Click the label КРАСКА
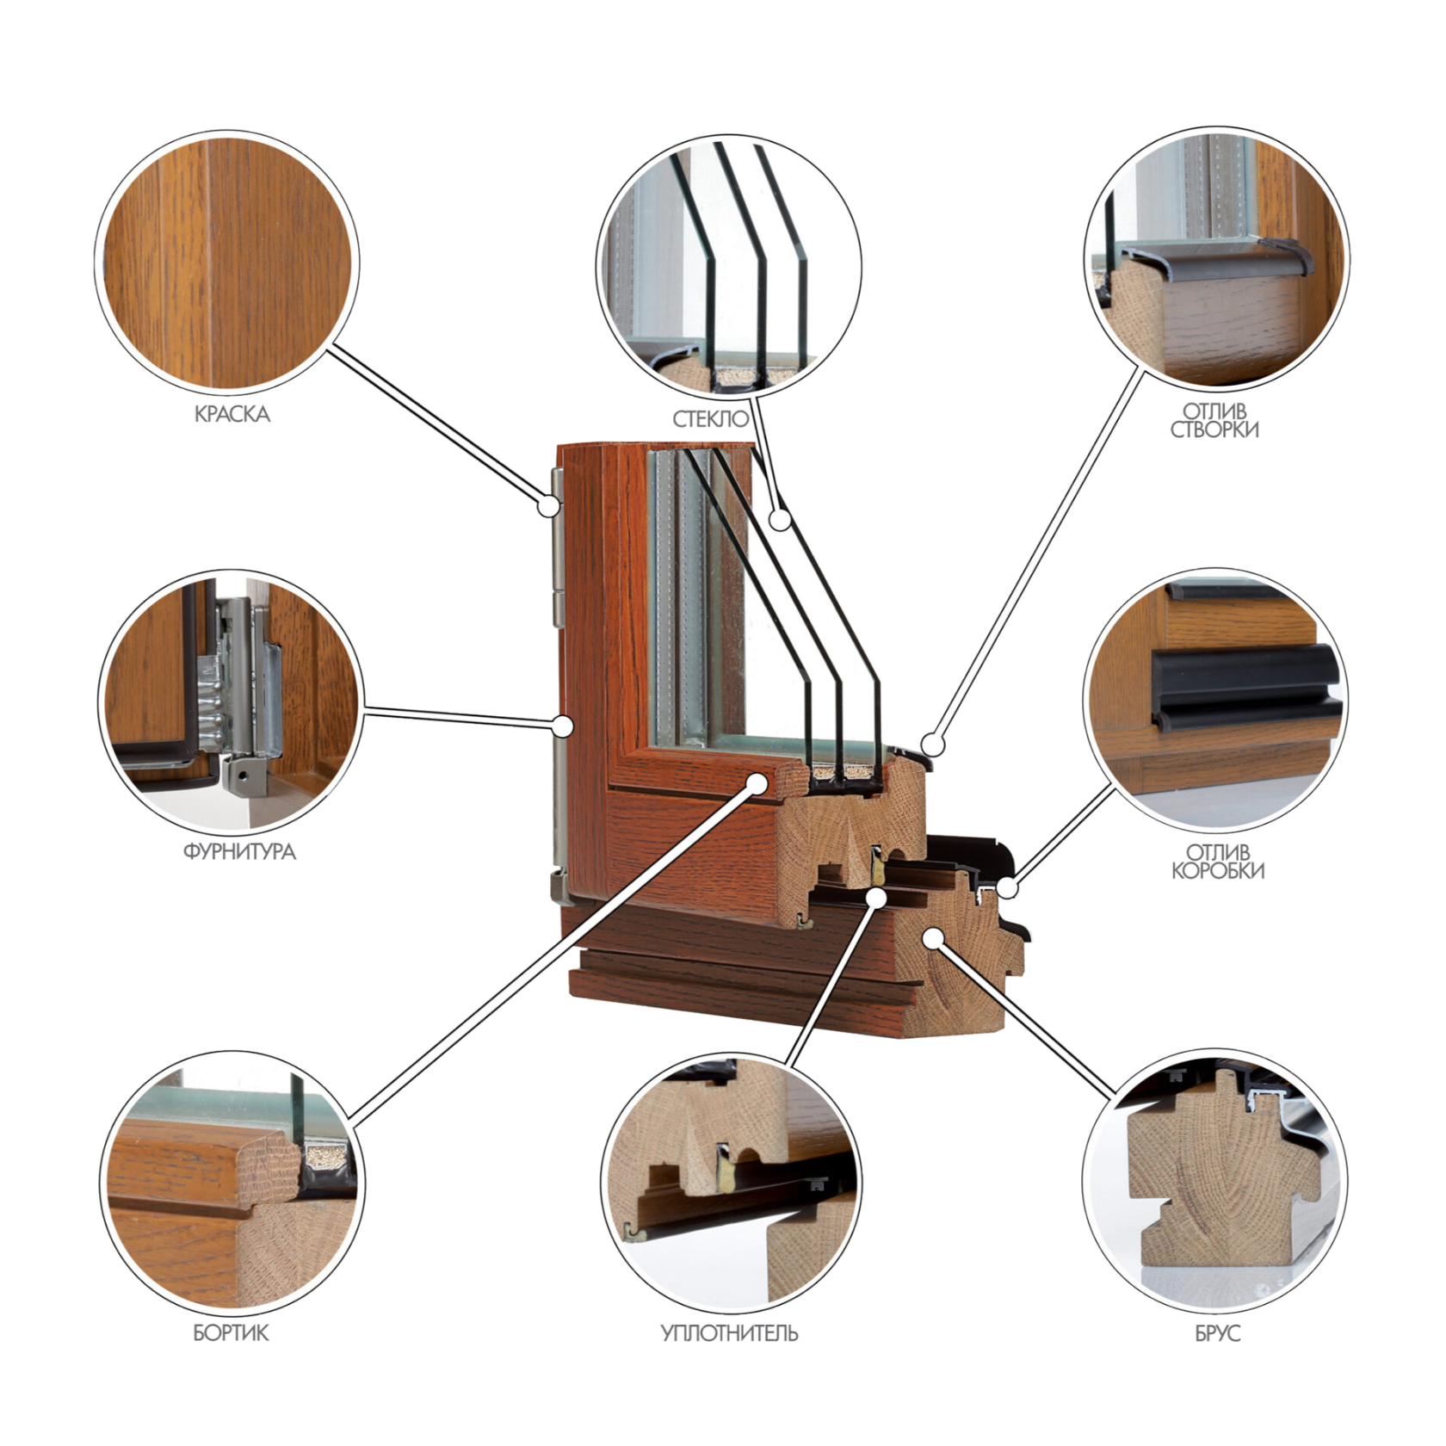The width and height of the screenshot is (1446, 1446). [x=232, y=414]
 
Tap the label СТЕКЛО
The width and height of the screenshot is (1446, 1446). [x=711, y=419]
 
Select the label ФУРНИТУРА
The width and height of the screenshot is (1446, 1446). [x=239, y=852]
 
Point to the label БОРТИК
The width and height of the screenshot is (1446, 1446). [x=231, y=1333]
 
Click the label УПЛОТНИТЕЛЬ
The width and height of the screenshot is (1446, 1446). [x=729, y=1333]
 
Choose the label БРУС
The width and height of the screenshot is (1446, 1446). [x=1217, y=1333]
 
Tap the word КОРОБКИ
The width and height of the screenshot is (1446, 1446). [x=1218, y=870]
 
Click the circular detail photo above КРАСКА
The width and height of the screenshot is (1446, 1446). [x=227, y=263]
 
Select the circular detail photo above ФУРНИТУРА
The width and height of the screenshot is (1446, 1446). [x=231, y=699]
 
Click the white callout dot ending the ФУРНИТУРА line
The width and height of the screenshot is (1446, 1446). [x=563, y=726]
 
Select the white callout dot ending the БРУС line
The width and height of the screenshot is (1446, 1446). [x=932, y=937]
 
